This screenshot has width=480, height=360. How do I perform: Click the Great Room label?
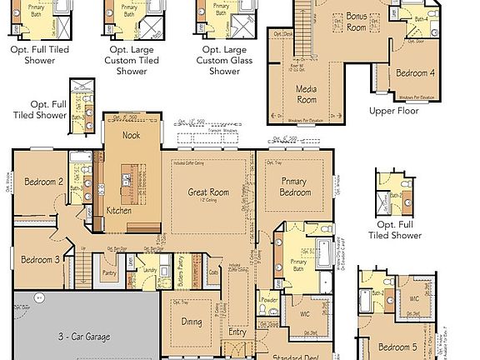tap(208, 192)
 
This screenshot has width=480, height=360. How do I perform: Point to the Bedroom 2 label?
tap(44, 182)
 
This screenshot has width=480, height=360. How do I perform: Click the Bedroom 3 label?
tap(40, 259)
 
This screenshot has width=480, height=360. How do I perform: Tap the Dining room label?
tap(192, 322)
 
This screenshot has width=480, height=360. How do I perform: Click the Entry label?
tap(238, 332)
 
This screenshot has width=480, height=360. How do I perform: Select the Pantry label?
tap(109, 272)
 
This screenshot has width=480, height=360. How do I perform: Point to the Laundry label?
tap(150, 270)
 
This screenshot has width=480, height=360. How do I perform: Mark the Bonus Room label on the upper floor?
tap(357, 22)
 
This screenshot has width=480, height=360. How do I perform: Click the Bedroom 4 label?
tap(415, 73)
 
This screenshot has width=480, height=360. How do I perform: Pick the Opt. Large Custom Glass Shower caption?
tap(224, 59)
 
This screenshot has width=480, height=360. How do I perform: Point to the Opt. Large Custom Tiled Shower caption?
tap(132, 59)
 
